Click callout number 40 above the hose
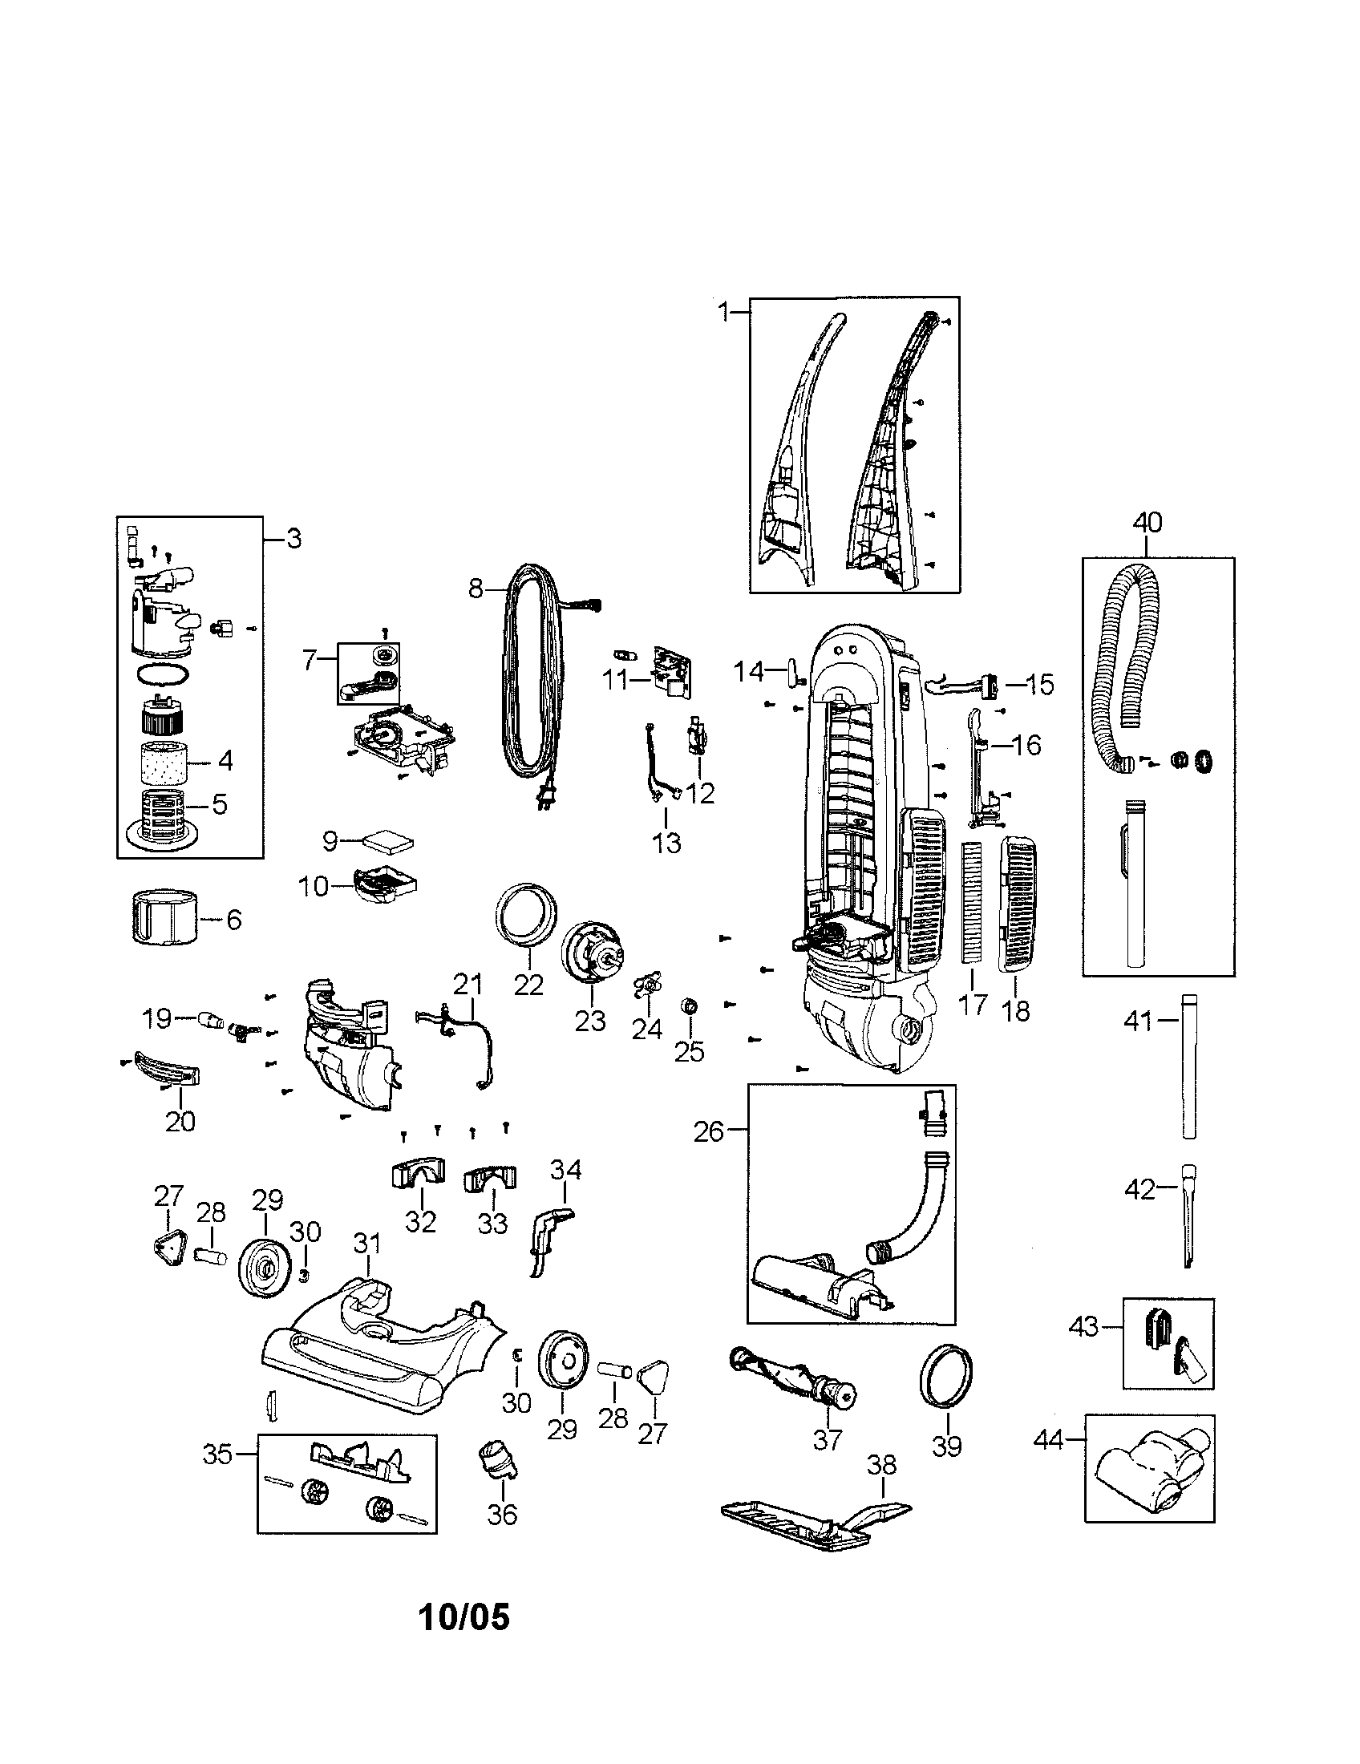tap(1147, 523)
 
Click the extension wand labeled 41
tap(1188, 1067)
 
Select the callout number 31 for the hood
tap(367, 1243)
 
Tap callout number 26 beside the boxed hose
tap(708, 1131)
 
